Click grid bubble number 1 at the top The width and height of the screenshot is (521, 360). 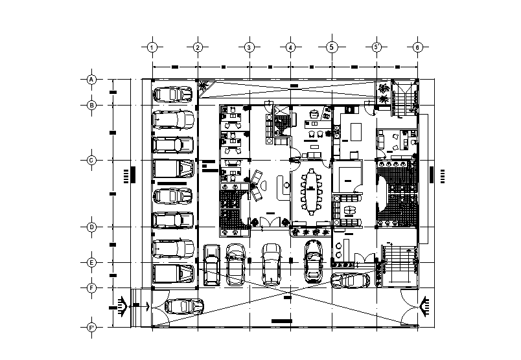152,47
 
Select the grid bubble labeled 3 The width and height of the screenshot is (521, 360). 248,47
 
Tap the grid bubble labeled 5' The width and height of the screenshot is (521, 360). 377,47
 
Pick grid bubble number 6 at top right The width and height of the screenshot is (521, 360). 418,47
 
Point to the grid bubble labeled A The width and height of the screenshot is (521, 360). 91,80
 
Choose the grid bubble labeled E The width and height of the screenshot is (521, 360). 91,262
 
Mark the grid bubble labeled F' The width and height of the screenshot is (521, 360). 91,328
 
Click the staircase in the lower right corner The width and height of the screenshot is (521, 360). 398,265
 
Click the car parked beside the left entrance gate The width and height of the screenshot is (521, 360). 184,306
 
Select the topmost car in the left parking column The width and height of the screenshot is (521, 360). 173,95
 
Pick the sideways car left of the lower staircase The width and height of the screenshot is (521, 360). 351,280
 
